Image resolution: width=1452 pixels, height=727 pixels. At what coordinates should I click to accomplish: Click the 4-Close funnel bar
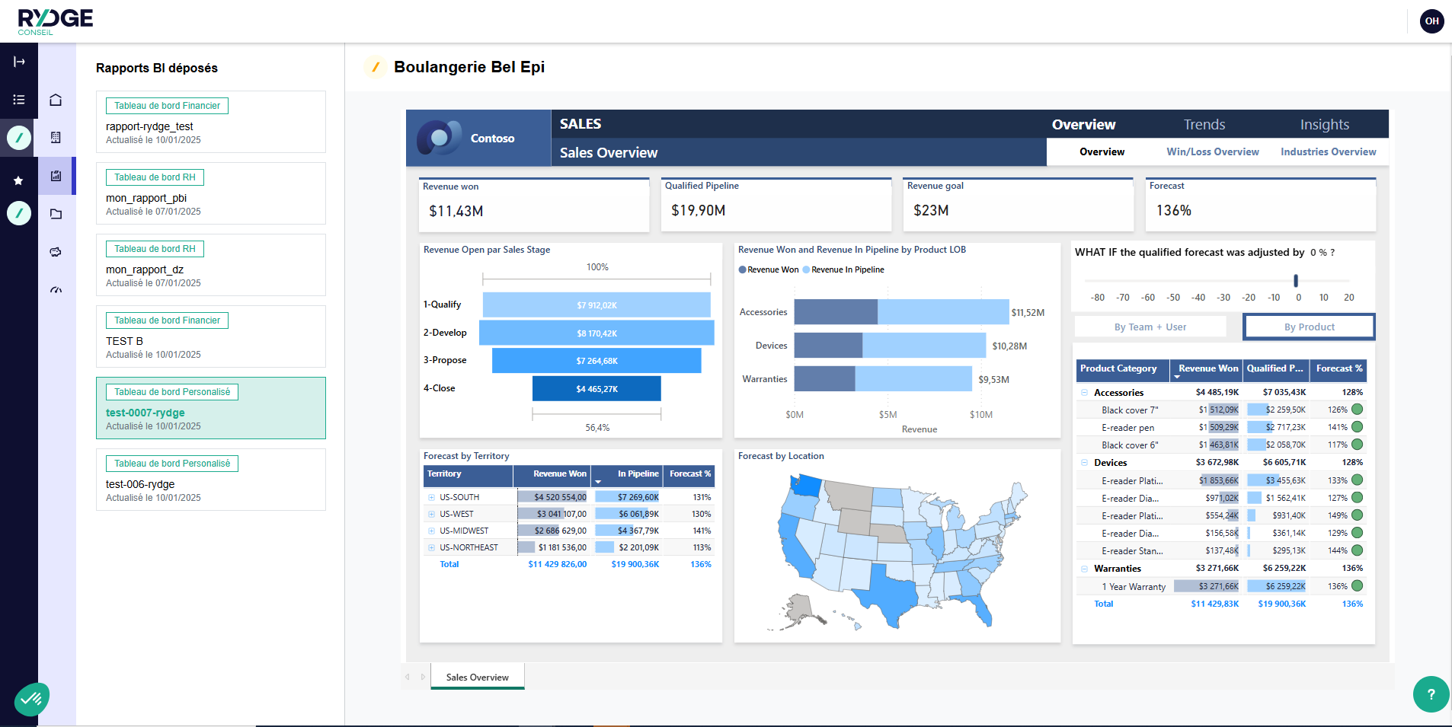pyautogui.click(x=596, y=389)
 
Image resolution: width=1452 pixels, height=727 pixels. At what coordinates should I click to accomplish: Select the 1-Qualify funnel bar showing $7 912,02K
pyautogui.click(x=596, y=305)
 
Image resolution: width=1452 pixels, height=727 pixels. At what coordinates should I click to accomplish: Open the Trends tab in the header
pyautogui.click(x=1204, y=125)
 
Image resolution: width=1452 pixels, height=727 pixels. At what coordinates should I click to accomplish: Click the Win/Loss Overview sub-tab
pyautogui.click(x=1212, y=152)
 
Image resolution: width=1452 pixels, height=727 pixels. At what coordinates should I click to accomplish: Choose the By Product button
pyautogui.click(x=1309, y=327)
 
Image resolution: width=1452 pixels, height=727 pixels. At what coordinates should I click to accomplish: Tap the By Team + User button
pyautogui.click(x=1150, y=327)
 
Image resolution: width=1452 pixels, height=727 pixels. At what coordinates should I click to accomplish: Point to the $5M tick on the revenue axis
pyautogui.click(x=888, y=415)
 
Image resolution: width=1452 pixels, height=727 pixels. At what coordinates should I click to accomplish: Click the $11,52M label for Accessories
pyautogui.click(x=1028, y=313)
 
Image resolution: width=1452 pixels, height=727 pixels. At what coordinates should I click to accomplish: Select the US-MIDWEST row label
pyautogui.click(x=464, y=531)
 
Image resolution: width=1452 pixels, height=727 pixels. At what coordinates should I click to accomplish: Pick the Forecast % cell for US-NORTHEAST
pyautogui.click(x=702, y=547)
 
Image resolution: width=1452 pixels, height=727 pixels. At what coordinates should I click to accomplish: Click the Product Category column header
pyautogui.click(x=1118, y=368)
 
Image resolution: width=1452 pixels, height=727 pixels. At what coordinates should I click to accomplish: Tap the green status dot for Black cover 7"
pyautogui.click(x=1357, y=410)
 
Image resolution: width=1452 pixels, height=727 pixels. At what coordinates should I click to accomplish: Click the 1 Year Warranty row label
pyautogui.click(x=1133, y=587)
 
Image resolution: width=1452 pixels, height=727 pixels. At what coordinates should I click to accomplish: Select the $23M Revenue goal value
pyautogui.click(x=931, y=211)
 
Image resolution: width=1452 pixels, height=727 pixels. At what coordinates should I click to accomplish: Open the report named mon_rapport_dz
pyautogui.click(x=145, y=269)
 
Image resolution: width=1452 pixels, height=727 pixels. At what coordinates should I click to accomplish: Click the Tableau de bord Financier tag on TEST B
pyautogui.click(x=167, y=320)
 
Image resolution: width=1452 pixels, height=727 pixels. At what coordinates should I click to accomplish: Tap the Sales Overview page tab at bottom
pyautogui.click(x=477, y=678)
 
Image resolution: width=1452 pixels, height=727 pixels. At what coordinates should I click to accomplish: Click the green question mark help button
pyautogui.click(x=1431, y=694)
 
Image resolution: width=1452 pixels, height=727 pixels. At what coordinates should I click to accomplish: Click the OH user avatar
pyautogui.click(x=1431, y=21)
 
